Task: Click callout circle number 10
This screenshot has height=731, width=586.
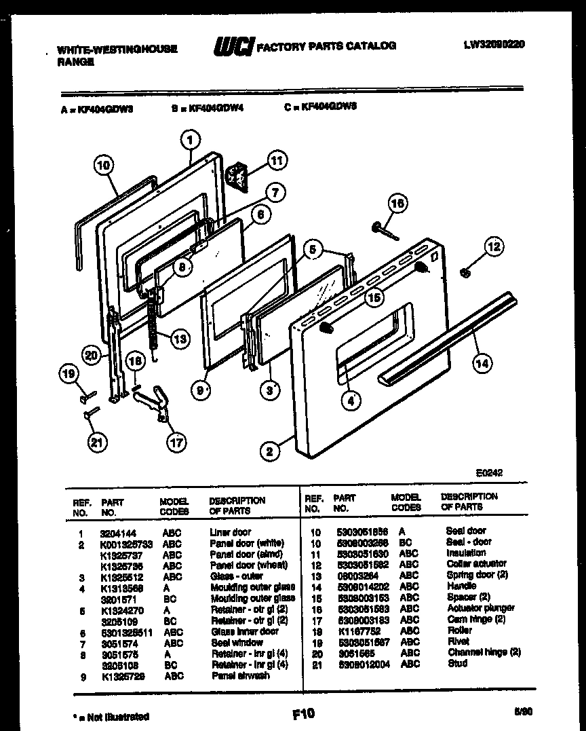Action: (102, 164)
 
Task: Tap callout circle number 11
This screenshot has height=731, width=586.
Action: (275, 161)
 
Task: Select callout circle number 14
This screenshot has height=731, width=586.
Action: (481, 362)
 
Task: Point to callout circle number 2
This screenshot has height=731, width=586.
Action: (270, 451)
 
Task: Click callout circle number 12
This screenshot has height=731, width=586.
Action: (494, 247)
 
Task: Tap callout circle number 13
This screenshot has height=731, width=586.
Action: (179, 339)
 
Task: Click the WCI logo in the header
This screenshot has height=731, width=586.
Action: (233, 46)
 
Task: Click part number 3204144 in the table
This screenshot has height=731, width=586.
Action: (117, 533)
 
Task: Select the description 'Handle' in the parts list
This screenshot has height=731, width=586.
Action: (461, 585)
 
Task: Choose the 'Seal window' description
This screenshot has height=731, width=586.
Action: (237, 642)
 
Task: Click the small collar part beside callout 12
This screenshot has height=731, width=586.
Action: (465, 273)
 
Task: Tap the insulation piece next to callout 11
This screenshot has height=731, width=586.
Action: (237, 175)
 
